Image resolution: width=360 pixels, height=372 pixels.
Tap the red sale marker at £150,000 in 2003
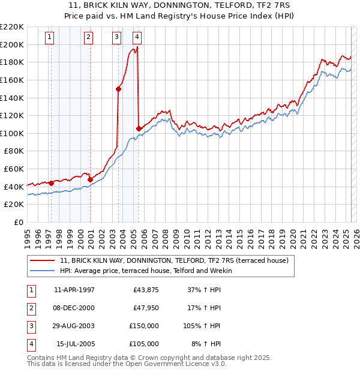pyautogui.click(x=118, y=89)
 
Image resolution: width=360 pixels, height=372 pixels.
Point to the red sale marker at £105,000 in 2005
pyautogui.click(x=139, y=128)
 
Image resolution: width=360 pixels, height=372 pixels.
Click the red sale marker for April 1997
pyautogui.click(x=51, y=183)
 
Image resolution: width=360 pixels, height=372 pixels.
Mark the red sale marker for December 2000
pyautogui.click(x=90, y=179)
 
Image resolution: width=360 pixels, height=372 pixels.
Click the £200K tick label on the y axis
pyautogui.click(x=13, y=44)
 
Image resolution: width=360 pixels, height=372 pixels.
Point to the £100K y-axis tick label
pyautogui.click(x=13, y=133)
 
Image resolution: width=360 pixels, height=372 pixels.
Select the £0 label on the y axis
pyautogui.click(x=18, y=222)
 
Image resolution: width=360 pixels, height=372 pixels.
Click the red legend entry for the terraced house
pyautogui.click(x=174, y=260)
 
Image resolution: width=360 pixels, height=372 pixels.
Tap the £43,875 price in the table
pyautogui.click(x=146, y=290)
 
